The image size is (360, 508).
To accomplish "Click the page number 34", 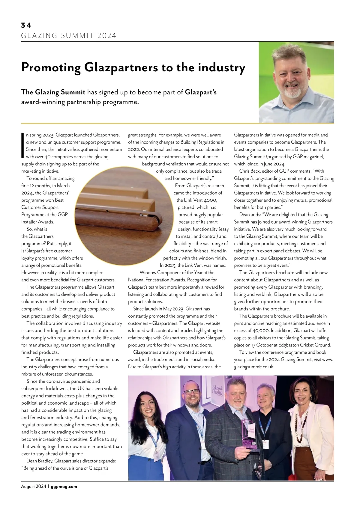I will (x=26, y=25).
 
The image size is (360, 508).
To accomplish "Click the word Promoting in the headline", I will (x=51, y=68).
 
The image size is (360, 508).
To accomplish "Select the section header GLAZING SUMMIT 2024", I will (x=69, y=36).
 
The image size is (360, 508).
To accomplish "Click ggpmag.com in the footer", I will (x=64, y=486).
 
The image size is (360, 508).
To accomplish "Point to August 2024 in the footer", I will (x=33, y=486).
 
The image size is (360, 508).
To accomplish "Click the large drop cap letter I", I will (x=23, y=145).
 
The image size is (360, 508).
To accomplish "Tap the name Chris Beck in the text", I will (x=250, y=171).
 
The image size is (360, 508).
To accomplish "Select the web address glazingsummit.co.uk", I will (x=253, y=367).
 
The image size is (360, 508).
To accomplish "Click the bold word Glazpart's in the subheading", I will (x=201, y=92).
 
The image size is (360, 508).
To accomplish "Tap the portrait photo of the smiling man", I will (x=296, y=82).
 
